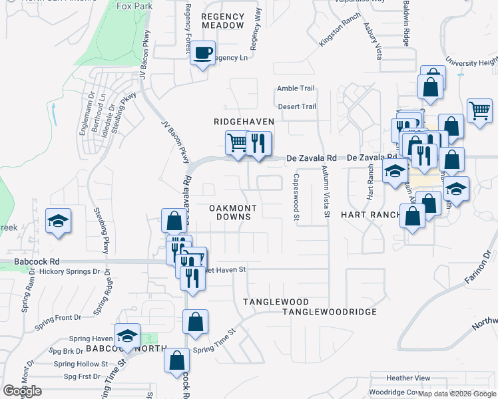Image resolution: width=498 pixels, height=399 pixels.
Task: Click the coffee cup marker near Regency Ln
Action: tap(203, 53)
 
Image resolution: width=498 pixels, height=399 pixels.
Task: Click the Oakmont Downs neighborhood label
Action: tap(233, 212)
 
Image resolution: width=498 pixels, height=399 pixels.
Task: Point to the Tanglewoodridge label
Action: tap(330, 311)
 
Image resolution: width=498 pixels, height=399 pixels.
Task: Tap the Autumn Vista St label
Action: tap(326, 192)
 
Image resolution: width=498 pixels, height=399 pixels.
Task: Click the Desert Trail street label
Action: tap(296, 106)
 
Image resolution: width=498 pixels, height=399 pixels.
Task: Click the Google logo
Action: tap(22, 391)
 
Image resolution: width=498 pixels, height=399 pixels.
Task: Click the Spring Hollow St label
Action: tap(81, 364)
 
